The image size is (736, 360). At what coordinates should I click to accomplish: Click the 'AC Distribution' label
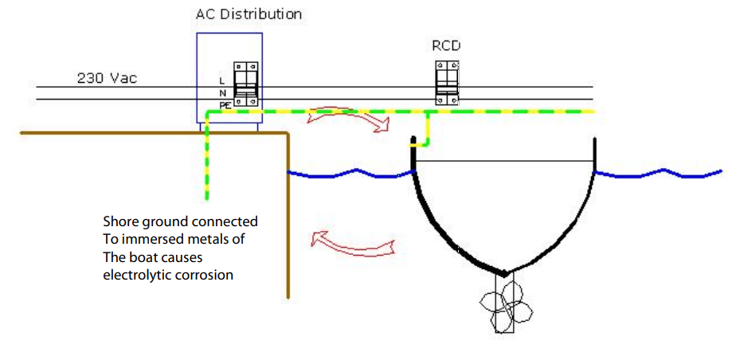[x=249, y=14]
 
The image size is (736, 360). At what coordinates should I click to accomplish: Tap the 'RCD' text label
[x=446, y=45]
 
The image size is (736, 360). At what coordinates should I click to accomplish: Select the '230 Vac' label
[x=107, y=78]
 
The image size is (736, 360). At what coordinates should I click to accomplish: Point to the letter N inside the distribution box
[x=222, y=92]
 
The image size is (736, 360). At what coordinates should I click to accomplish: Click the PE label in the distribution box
[x=224, y=104]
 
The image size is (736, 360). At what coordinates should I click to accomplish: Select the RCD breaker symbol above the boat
[x=447, y=81]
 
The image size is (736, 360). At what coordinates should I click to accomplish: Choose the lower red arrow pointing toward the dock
[x=352, y=241]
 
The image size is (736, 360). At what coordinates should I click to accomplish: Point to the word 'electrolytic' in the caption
[x=135, y=276]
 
